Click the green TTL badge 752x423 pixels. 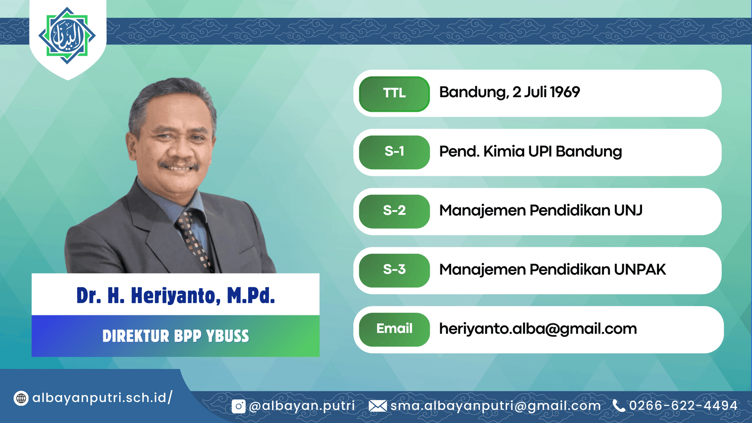click(x=394, y=94)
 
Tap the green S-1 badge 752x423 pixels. click(x=394, y=152)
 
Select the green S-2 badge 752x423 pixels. click(x=394, y=211)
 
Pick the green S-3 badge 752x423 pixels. click(x=394, y=270)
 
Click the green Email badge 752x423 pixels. click(x=394, y=329)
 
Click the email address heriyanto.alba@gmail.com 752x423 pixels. click(x=538, y=329)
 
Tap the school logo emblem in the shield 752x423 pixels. click(x=67, y=35)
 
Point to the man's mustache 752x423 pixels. click(x=179, y=165)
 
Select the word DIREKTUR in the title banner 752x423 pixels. click(x=136, y=336)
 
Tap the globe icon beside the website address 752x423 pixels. click(x=21, y=399)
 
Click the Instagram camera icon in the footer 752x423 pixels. click(x=238, y=406)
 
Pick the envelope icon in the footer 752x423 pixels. click(x=378, y=406)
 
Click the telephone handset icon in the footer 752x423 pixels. click(x=619, y=406)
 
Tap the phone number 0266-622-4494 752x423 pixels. click(x=683, y=406)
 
